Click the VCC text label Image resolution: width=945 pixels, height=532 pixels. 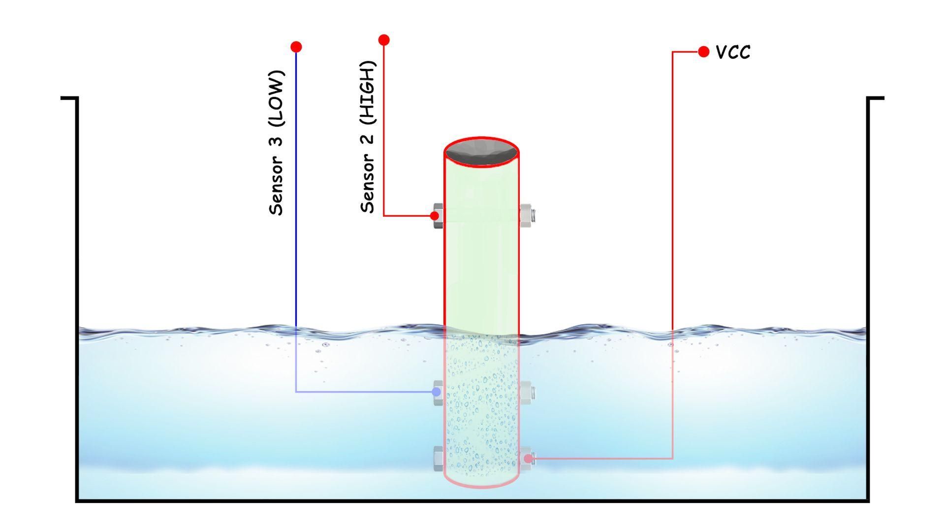[x=733, y=52]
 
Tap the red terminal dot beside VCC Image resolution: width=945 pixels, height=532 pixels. [x=703, y=51]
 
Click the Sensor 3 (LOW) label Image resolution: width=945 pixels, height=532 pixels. [x=277, y=143]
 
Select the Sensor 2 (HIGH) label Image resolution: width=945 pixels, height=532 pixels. [x=368, y=137]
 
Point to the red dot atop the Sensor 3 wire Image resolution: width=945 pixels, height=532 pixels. [x=296, y=47]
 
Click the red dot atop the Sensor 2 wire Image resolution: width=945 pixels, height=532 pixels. [x=384, y=40]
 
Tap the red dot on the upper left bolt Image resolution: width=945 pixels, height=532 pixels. [x=434, y=216]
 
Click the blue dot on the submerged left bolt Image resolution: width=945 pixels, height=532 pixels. [x=436, y=392]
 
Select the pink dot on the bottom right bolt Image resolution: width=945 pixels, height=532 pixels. [x=528, y=459]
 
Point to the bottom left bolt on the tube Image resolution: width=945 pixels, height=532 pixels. [x=438, y=459]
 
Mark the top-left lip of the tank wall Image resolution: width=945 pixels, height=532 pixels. [x=69, y=99]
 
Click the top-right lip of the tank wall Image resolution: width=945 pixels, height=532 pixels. [x=876, y=99]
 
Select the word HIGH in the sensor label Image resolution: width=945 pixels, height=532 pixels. [x=368, y=92]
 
